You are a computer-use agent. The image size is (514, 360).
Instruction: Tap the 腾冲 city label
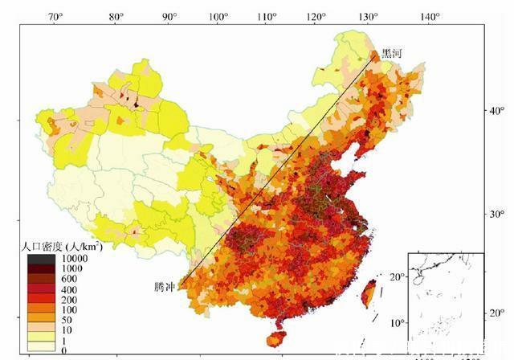(x=165, y=286)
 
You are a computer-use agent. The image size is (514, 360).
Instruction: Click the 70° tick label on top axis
(x=56, y=16)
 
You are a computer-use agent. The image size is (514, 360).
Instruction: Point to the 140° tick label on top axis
(x=430, y=16)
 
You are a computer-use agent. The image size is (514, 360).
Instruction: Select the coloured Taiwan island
(x=369, y=293)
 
